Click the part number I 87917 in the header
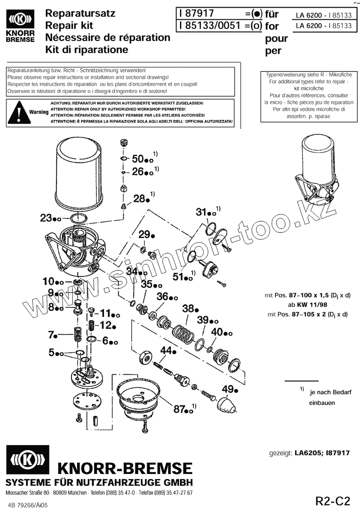pyautogui.click(x=196, y=14)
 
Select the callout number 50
pyautogui.click(x=139, y=159)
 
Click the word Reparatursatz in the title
pyautogui.click(x=81, y=13)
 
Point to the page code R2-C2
pyautogui.click(x=332, y=501)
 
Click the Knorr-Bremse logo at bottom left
pyautogui.click(x=27, y=460)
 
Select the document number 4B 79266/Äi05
pyautogui.click(x=27, y=505)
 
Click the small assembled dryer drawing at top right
pyautogui.click(x=318, y=170)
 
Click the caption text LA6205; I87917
pyautogui.click(x=322, y=453)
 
